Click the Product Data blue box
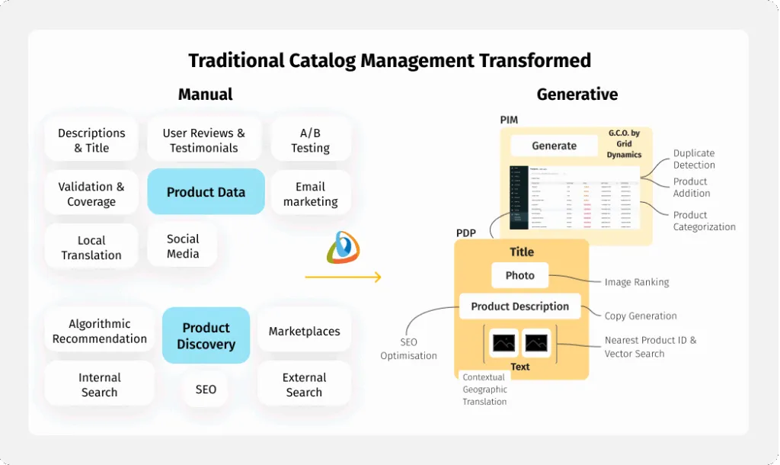(206, 192)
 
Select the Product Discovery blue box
(206, 335)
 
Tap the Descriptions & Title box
(91, 140)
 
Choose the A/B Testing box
(310, 140)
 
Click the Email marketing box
(310, 194)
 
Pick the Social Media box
(183, 245)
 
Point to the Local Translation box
(91, 247)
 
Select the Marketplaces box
(304, 331)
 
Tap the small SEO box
(206, 389)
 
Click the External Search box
(304, 384)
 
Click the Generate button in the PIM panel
(554, 146)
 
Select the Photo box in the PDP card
(520, 275)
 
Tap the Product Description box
(519, 306)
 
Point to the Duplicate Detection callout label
(694, 159)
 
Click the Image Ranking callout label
(637, 282)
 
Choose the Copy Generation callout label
(641, 316)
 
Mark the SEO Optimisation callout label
(409, 348)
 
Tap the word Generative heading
(577, 95)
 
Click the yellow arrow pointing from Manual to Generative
(343, 277)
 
